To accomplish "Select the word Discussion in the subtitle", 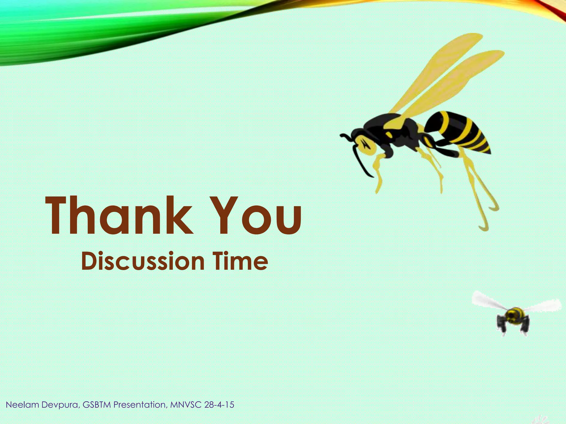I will point(143,261).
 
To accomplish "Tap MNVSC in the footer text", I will point(186,405).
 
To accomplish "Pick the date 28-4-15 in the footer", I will point(219,405).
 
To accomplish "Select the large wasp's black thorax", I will point(398,130).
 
